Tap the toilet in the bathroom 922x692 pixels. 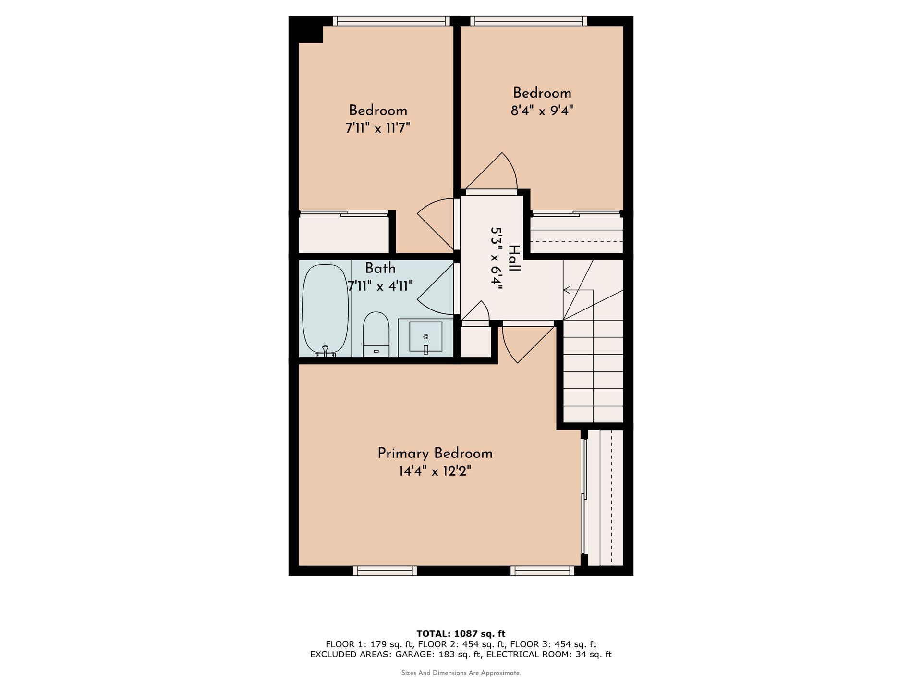[376, 334]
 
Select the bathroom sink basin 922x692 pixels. [425, 337]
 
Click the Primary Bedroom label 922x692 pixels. [435, 454]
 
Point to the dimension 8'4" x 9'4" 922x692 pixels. [542, 111]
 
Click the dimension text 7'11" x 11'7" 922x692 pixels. [377, 129]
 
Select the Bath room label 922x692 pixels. [380, 268]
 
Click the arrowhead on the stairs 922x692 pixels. [567, 290]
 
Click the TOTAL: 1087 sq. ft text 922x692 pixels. [461, 634]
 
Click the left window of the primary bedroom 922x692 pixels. [385, 570]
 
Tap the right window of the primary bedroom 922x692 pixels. [542, 570]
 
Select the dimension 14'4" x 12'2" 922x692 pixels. [435, 471]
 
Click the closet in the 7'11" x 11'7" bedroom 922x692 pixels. [343, 234]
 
